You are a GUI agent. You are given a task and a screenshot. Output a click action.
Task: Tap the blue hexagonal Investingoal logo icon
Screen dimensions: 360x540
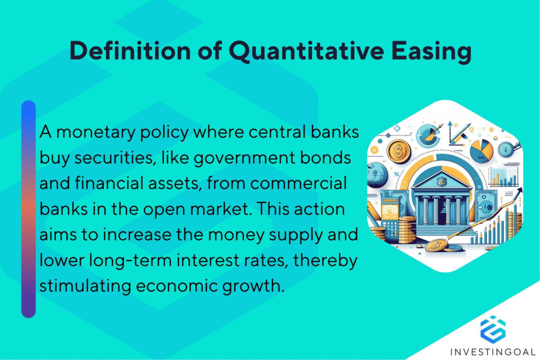coord(493,328)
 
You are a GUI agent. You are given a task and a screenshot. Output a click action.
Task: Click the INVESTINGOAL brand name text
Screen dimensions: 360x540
coord(494,352)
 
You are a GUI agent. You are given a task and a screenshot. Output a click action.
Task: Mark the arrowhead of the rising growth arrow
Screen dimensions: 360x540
coord(519,192)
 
